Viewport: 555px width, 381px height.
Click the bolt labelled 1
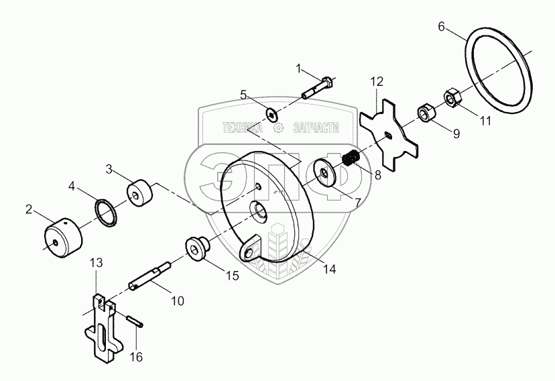click(318, 89)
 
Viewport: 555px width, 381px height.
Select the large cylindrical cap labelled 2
click(64, 237)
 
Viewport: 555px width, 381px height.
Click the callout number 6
click(441, 27)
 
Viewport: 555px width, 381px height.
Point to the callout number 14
click(329, 269)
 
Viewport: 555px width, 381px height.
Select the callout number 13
click(96, 263)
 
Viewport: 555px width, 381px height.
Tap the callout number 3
click(109, 169)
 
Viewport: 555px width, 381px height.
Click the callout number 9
click(456, 133)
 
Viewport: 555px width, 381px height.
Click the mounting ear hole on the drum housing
click(249, 252)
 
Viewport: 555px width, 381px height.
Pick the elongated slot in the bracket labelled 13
click(103, 338)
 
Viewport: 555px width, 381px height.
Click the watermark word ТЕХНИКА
click(243, 127)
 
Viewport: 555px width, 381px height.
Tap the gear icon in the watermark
click(279, 128)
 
